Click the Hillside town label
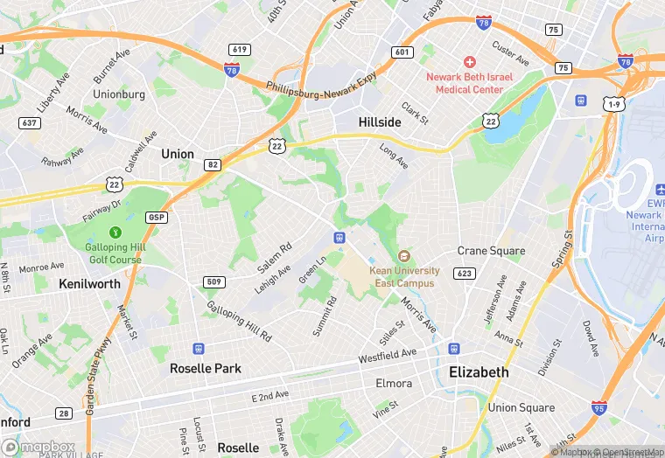tap(380, 122)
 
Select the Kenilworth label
tap(88, 284)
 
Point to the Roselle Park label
tap(206, 368)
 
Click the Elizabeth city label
tap(479, 371)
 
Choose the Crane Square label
tap(491, 251)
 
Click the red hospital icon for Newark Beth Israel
tap(469, 62)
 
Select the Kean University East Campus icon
tap(403, 256)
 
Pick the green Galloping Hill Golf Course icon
tap(114, 232)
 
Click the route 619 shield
tap(238, 49)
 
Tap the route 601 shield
tap(402, 52)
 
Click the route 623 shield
tap(465, 274)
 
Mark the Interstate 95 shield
tap(600, 406)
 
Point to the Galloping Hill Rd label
tap(239, 321)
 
